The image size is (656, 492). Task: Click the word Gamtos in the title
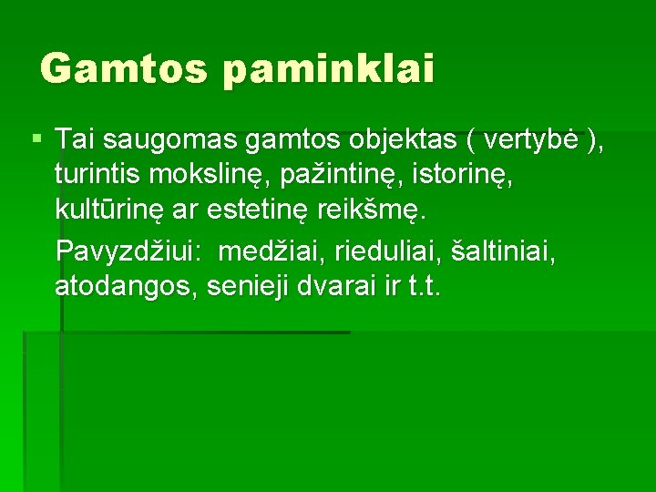(123, 68)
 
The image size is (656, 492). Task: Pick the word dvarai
(343, 286)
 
